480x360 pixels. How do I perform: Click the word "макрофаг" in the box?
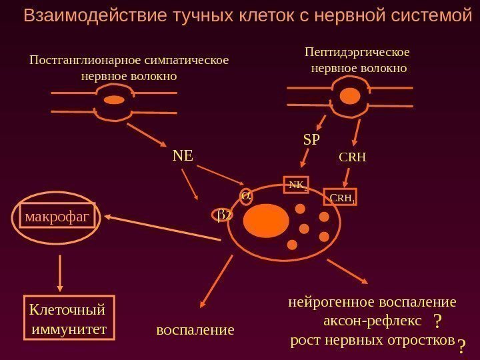pos(57,217)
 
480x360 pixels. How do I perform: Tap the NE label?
pos(183,156)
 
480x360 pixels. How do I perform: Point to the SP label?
pos(311,140)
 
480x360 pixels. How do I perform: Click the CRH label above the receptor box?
pos(353,158)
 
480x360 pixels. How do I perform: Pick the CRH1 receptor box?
pos(341,197)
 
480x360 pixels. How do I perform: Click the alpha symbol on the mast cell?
pos(245,195)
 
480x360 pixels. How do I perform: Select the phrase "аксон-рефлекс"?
pos(372,321)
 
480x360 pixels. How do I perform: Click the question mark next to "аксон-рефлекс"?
pos(437,322)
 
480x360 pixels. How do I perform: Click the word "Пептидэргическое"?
pos(357,51)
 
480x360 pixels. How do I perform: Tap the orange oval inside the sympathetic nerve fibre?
pos(115,100)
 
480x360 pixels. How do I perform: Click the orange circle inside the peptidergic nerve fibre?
pos(349,96)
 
